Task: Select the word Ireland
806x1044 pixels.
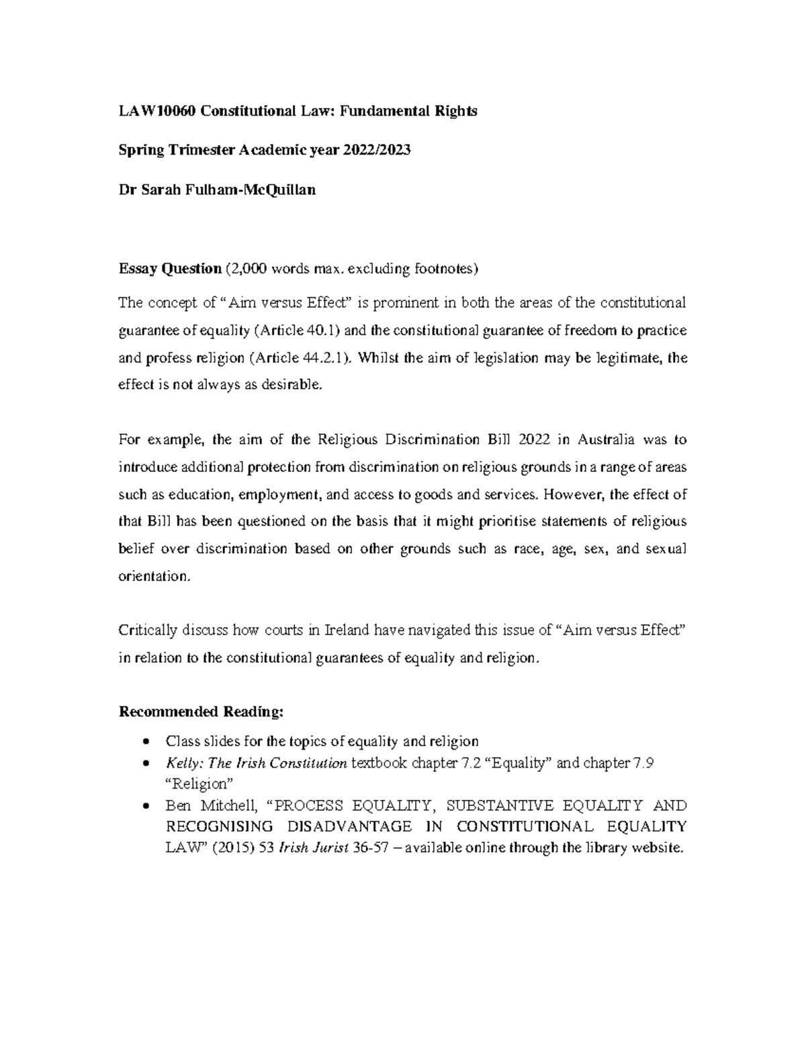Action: click(347, 631)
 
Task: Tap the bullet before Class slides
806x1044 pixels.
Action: click(146, 742)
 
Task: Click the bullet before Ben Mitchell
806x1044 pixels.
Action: click(146, 806)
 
